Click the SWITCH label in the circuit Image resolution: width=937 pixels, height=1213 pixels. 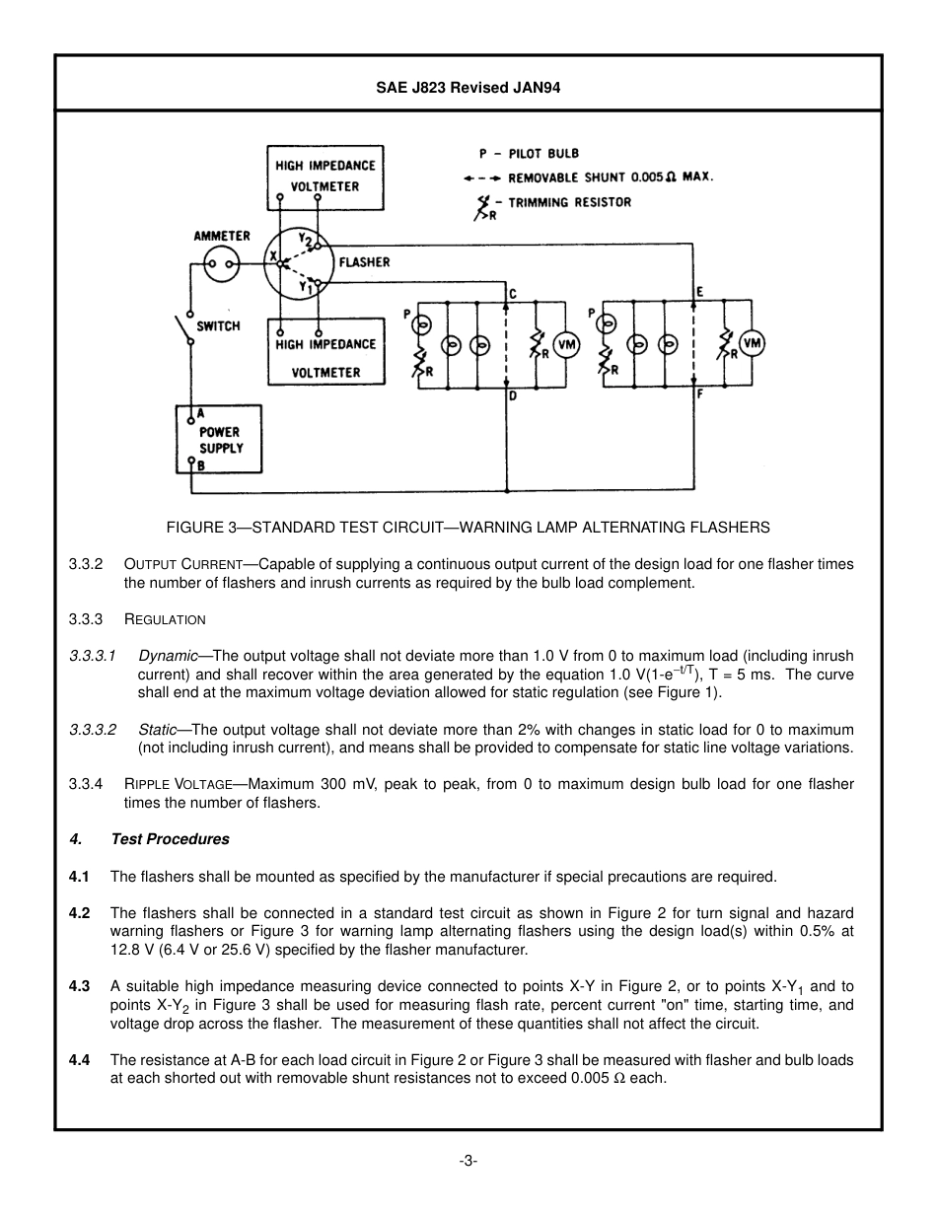pos(218,325)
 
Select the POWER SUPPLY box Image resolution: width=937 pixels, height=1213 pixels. pos(219,439)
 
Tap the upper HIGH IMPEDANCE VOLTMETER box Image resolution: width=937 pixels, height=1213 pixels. pos(325,177)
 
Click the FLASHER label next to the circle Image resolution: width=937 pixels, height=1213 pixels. pos(364,262)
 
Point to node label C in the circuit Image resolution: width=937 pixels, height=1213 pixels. pos(513,293)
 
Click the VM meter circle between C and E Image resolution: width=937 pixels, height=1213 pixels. pos(566,343)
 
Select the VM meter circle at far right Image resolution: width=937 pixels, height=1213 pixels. pos(752,343)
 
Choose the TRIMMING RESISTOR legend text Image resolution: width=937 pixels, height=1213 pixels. pos(569,202)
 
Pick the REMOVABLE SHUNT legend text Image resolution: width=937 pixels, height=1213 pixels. pos(610,178)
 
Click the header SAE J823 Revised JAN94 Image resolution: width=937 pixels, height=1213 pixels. pos(468,87)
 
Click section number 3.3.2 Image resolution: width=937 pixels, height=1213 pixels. pos(86,564)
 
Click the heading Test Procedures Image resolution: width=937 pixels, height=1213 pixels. pos(170,839)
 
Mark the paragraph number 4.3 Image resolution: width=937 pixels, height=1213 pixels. pos(79,986)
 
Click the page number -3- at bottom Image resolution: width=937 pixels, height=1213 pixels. pos(468,1161)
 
